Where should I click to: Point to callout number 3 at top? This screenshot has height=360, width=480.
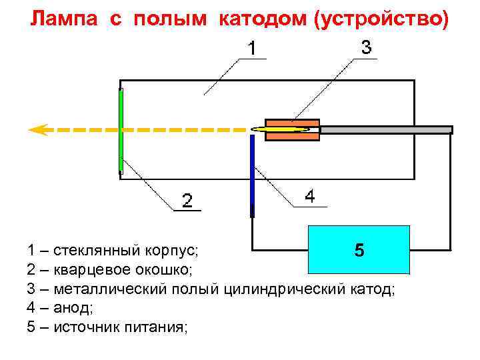coord(366,47)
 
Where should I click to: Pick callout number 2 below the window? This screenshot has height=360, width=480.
coord(188,200)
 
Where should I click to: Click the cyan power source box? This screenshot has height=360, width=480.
coord(358,249)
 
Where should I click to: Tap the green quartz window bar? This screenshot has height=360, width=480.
coord(121,130)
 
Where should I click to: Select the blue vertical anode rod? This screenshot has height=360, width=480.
coord(252,175)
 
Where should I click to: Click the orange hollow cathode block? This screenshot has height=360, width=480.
coord(292,129)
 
